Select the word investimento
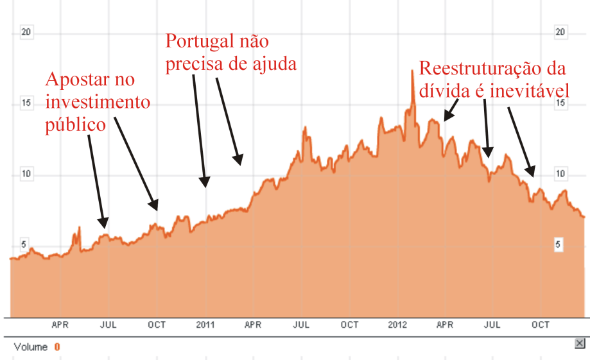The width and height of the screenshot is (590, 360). (x=97, y=102)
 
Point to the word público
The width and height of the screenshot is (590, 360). (x=74, y=124)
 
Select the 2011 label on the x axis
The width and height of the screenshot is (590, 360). (x=205, y=325)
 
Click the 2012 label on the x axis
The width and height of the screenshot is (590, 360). (x=397, y=325)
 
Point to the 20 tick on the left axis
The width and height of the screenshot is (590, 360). (x=26, y=33)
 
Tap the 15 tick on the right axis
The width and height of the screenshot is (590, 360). (x=559, y=103)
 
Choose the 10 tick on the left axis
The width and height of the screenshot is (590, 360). (x=26, y=174)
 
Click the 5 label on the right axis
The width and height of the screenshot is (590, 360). (x=559, y=244)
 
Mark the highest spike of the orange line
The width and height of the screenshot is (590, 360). (x=412, y=71)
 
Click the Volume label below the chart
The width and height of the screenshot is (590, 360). (x=31, y=347)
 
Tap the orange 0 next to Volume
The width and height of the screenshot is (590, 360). (x=56, y=347)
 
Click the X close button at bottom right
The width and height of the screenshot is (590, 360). (x=580, y=344)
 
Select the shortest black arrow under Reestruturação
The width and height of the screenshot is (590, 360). (x=451, y=110)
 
